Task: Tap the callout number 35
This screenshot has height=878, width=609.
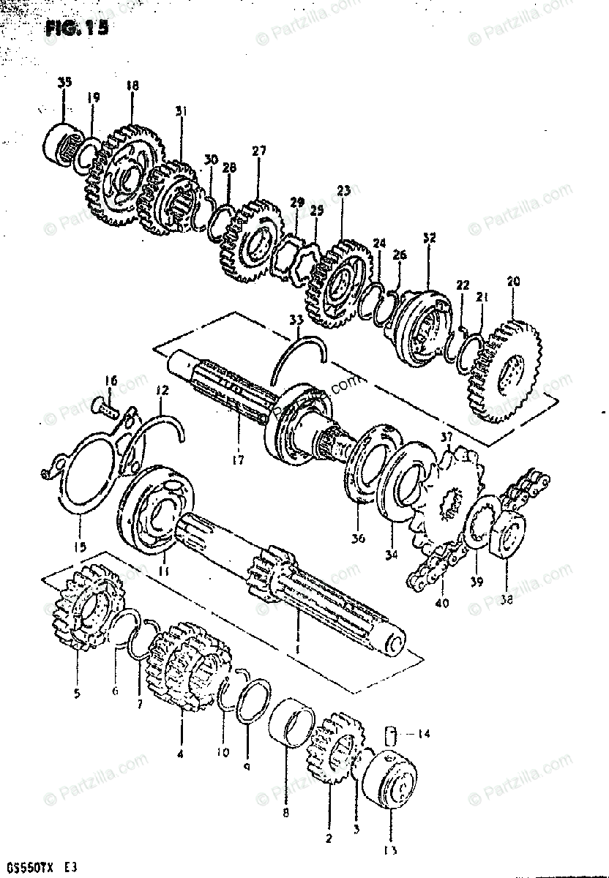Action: tap(64, 83)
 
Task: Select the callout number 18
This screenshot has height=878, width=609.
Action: tap(132, 86)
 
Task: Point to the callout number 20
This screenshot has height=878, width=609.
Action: tap(512, 281)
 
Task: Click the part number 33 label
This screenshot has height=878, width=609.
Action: tap(295, 320)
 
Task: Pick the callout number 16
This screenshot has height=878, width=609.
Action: tap(111, 380)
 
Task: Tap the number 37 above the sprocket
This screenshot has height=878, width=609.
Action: tap(447, 437)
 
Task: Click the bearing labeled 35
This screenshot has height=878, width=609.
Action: tap(64, 143)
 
